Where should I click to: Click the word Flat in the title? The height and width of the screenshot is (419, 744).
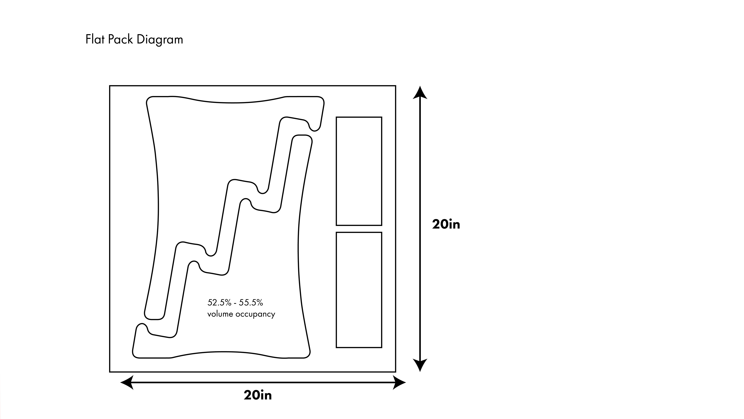coord(95,39)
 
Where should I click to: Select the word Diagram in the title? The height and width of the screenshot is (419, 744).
coord(160,40)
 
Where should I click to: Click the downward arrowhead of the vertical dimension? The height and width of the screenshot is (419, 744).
coord(420,365)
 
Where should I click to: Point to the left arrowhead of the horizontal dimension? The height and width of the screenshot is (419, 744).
coord(127,382)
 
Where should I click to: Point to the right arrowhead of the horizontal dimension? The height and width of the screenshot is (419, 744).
coord(399,382)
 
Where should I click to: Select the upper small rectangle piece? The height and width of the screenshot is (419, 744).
coord(359,171)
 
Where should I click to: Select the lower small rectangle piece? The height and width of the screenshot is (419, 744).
coord(359,290)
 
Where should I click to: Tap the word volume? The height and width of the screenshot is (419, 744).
coord(220,314)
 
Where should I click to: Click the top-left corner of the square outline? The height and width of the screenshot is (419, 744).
coord(110,86)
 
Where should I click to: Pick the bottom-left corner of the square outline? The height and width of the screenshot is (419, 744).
coord(110,372)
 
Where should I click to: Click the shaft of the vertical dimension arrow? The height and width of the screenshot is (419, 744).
coord(420,173)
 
